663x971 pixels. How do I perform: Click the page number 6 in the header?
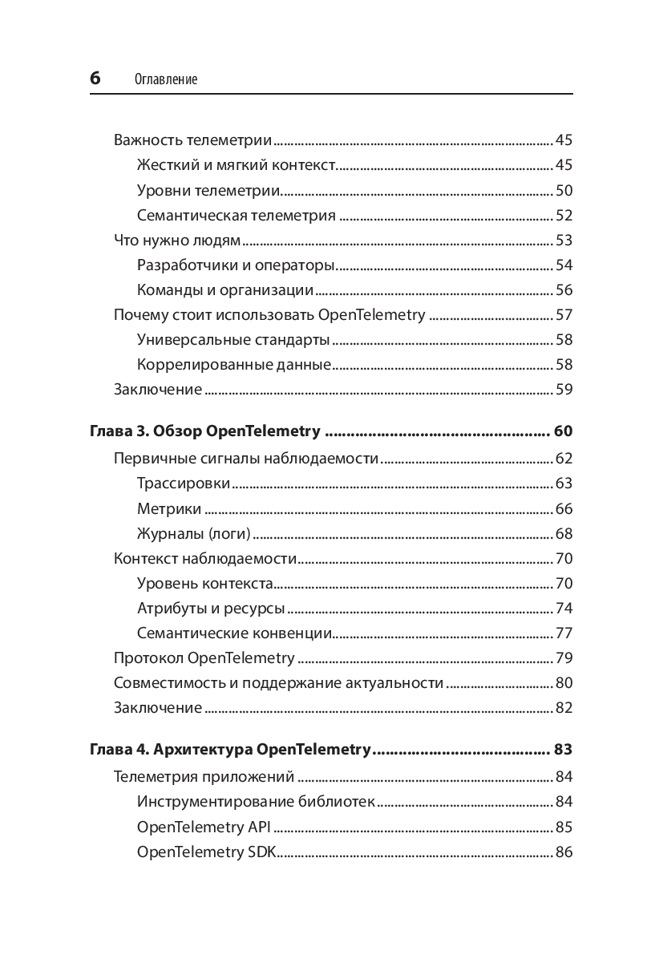(95, 78)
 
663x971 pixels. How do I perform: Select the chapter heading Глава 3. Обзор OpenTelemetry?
(204, 432)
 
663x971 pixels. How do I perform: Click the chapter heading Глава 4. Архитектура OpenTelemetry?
(229, 750)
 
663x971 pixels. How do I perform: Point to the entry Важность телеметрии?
(192, 140)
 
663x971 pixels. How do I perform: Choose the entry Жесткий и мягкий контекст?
(236, 165)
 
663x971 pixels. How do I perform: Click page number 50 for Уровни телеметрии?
(564, 191)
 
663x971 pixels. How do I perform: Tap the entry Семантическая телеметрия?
(236, 216)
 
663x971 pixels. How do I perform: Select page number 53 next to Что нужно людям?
(564, 241)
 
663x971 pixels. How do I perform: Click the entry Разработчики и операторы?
(236, 265)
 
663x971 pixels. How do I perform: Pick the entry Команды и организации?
(224, 290)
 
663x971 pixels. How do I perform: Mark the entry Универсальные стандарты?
(233, 340)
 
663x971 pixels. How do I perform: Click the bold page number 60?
(563, 432)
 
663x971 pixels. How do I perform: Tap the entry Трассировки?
(184, 483)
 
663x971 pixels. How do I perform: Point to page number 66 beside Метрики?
(564, 509)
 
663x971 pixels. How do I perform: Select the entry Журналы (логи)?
(193, 534)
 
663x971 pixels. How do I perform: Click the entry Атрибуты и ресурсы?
(211, 609)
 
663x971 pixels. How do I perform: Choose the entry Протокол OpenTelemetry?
(204, 658)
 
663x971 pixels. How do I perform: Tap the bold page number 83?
(563, 750)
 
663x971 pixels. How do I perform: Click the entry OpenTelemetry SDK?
(206, 852)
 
